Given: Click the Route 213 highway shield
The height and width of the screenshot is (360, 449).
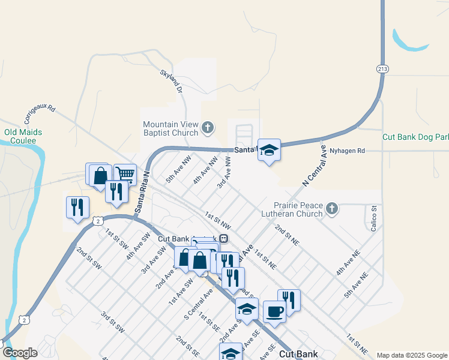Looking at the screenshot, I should point(382,69).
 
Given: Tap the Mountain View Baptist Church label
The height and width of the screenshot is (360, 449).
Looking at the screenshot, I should point(170,128).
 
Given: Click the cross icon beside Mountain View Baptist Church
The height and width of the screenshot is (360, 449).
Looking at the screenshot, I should point(208,127).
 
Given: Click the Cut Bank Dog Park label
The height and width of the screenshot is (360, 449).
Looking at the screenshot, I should point(415,137).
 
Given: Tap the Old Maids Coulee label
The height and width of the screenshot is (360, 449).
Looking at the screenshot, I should point(20,136).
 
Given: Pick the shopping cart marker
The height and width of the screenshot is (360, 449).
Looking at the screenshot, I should point(125,174).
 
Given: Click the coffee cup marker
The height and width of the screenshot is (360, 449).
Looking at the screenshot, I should point(275,312).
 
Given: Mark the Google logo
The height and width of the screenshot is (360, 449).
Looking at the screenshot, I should point(20,353).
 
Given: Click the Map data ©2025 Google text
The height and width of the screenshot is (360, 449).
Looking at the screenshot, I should point(411,355).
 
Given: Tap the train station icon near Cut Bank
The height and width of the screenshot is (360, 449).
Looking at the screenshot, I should point(223,238).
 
